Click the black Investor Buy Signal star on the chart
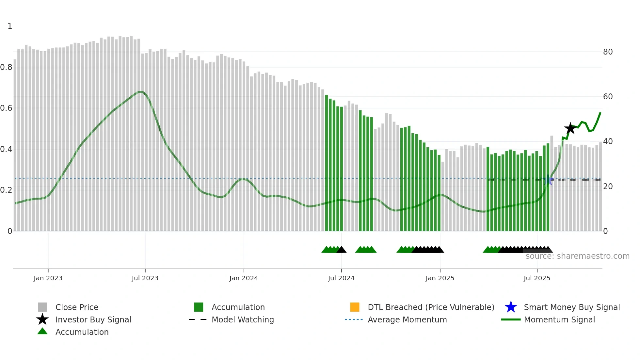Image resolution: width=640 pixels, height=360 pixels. point(570,128)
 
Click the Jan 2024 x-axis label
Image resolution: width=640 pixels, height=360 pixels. point(244,278)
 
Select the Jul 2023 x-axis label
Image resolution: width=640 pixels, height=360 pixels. point(145,278)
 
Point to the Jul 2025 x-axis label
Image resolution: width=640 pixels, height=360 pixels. point(537,278)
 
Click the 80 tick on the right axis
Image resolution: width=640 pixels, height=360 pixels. point(608,52)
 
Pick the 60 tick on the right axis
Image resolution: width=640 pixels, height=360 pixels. point(608,97)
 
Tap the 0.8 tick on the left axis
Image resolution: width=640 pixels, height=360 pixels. point(6,67)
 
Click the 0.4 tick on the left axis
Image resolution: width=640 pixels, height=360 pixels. point(6,149)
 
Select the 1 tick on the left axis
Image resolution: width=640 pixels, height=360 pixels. point(10,26)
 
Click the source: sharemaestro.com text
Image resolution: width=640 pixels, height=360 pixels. point(577,256)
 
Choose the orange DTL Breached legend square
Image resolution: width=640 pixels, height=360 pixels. point(355,307)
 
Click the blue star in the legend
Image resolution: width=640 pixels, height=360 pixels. point(511,307)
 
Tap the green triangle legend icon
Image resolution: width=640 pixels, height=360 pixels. point(42,331)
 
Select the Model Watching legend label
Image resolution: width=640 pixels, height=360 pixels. point(243,319)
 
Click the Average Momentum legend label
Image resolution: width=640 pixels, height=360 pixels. point(407,319)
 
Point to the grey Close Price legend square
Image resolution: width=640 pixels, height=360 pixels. point(42,307)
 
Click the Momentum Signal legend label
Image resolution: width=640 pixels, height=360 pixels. point(559,319)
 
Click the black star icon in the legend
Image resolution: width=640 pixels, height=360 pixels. point(42,319)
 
